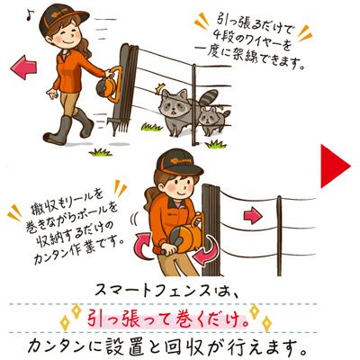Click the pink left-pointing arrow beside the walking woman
tap(23, 67)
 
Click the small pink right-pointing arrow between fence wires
tap(253, 216)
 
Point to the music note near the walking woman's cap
tap(29, 15)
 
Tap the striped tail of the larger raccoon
tap(210, 97)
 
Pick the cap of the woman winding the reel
tap(177, 162)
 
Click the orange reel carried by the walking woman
tap(107, 85)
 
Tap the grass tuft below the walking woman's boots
tap(101, 152)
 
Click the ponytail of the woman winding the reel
tap(149, 199)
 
